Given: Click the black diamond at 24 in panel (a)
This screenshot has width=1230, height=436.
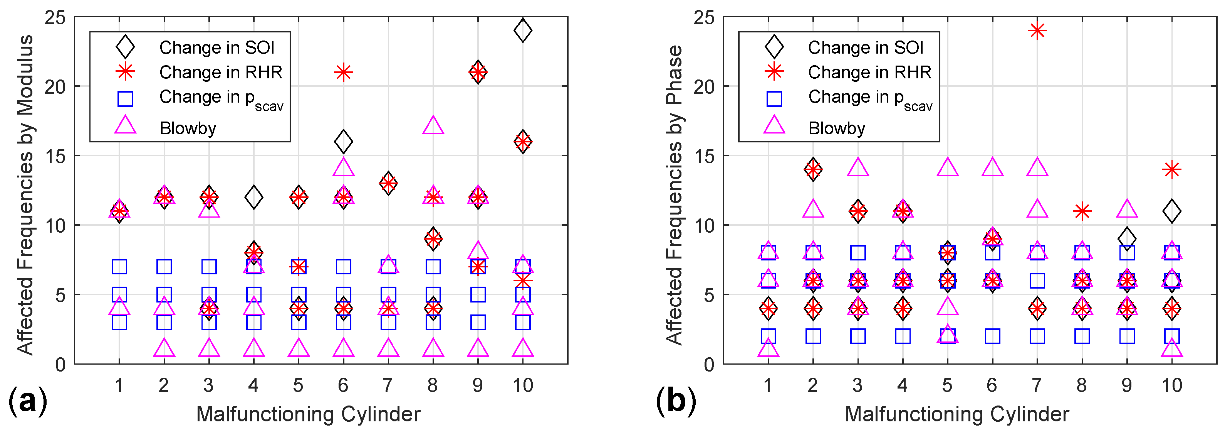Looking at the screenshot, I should pyautogui.click(x=523, y=30).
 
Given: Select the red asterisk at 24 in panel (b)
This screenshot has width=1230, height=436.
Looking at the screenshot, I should pyautogui.click(x=1037, y=30).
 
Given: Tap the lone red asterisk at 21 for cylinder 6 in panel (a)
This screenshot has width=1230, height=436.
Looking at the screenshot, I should pyautogui.click(x=343, y=72).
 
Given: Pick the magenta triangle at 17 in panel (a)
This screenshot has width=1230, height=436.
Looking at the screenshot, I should pyautogui.click(x=433, y=125).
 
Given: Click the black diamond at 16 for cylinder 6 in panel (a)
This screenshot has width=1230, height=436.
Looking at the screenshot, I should pyautogui.click(x=343, y=142).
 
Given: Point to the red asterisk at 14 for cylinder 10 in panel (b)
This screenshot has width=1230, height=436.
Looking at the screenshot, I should pyautogui.click(x=1172, y=169).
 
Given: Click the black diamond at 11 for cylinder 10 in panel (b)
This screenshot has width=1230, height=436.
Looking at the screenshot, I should pyautogui.click(x=1172, y=211).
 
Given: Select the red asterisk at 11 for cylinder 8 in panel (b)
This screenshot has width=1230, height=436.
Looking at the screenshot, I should pyautogui.click(x=1082, y=211).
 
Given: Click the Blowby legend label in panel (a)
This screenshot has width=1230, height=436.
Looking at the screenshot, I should pyautogui.click(x=188, y=128).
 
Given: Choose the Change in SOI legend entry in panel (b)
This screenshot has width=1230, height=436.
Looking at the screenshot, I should pyautogui.click(x=865, y=47).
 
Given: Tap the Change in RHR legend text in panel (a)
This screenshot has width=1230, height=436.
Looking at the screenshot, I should pyautogui.click(x=221, y=72).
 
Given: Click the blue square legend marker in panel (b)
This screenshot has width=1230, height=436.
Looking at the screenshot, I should pyautogui.click(x=774, y=98).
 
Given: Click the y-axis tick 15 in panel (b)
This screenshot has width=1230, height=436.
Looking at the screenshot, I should pyautogui.click(x=704, y=156).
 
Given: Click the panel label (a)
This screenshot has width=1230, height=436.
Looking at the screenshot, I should pyautogui.click(x=28, y=401).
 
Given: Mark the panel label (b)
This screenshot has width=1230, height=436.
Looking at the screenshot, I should pyautogui.click(x=676, y=401).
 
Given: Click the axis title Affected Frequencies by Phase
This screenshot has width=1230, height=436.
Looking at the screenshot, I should pyautogui.click(x=674, y=195).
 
